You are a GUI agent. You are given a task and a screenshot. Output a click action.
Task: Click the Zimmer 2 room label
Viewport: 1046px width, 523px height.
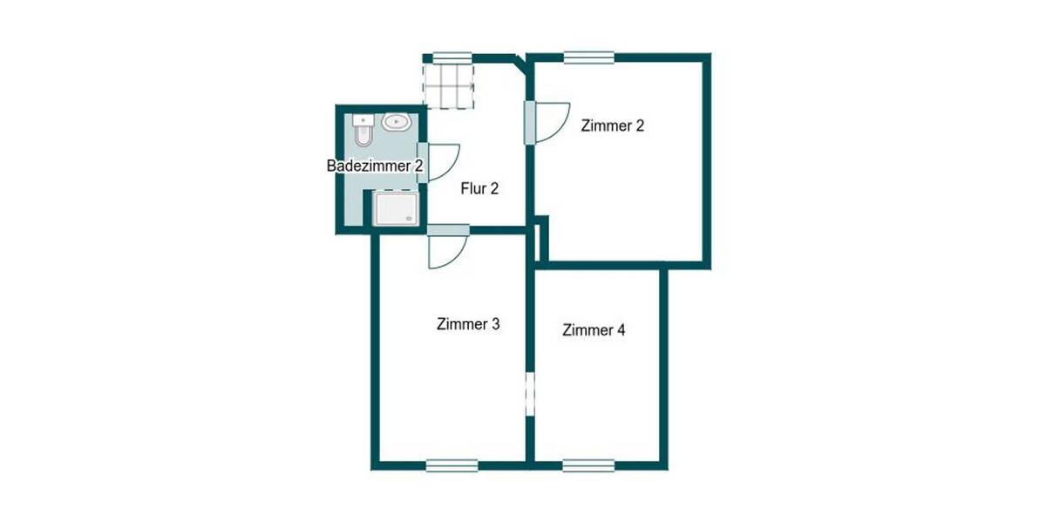point(613,126)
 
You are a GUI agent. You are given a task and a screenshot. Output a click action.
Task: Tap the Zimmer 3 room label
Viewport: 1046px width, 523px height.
point(468,324)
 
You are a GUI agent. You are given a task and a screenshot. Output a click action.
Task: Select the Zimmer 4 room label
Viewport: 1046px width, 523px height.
point(594,330)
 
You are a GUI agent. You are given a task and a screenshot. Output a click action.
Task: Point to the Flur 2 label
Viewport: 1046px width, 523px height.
point(479,187)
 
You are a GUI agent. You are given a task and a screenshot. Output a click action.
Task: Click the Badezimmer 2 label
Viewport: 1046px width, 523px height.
point(375,166)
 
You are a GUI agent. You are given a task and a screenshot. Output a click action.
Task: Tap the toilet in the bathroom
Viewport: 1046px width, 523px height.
point(363,131)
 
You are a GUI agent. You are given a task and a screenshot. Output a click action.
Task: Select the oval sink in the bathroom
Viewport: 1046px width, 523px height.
point(397,122)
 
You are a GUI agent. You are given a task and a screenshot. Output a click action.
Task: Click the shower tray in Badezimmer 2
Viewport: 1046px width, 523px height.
point(397,210)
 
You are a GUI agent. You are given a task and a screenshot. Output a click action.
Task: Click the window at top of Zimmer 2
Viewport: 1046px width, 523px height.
point(588,58)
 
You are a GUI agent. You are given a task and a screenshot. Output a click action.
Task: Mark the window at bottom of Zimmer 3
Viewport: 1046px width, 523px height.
point(452,465)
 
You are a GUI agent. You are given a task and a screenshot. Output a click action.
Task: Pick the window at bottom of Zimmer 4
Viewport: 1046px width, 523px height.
point(588,465)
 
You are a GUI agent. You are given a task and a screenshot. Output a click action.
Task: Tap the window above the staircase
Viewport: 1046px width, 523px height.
point(448,58)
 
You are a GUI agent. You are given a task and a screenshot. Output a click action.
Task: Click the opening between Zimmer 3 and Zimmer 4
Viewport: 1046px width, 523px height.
point(529,392)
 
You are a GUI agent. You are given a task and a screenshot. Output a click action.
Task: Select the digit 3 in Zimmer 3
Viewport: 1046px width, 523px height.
point(495,324)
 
